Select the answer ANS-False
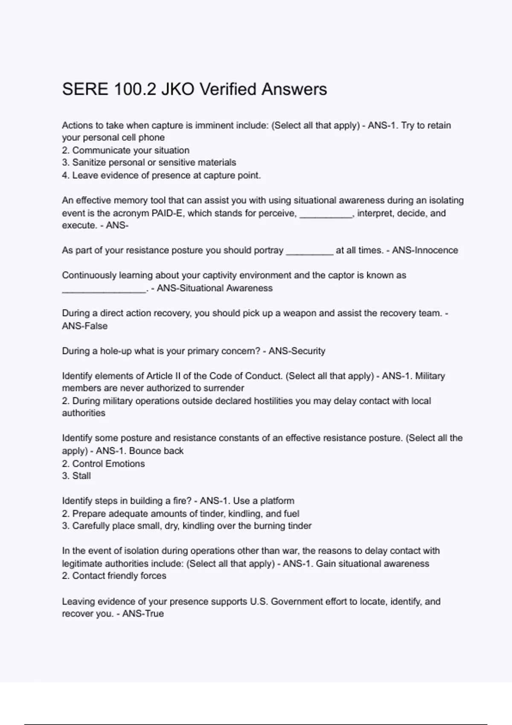[85, 326]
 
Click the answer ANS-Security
[297, 351]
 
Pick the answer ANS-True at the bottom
[143, 614]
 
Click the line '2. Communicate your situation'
[125, 150]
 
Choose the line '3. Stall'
[76, 476]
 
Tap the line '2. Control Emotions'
[103, 464]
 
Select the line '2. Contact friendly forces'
[114, 576]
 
